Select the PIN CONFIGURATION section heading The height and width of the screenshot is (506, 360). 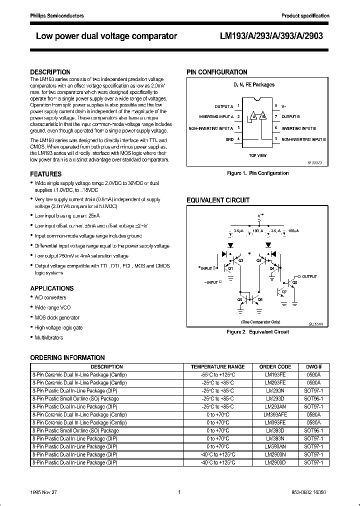coord(217,72)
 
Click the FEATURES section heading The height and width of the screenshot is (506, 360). coord(46,174)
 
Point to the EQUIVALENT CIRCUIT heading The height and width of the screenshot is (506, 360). coord(218,200)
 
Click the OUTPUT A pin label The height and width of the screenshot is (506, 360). coord(223,107)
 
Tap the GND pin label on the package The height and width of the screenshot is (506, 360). coord(229,139)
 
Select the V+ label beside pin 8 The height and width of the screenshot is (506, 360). coord(284,106)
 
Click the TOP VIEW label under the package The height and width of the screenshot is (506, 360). coord(257,155)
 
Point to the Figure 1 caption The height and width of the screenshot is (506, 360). coord(257,173)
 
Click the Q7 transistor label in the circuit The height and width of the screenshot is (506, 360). coord(284,291)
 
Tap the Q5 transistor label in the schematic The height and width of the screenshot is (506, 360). coord(240,299)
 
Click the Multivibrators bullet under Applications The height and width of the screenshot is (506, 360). coord(49,338)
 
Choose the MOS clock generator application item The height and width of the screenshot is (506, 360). coord(57,318)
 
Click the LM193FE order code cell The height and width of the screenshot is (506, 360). coord(275,374)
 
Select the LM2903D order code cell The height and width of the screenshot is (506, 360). coord(275,462)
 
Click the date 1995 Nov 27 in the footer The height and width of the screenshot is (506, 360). coord(43,492)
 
